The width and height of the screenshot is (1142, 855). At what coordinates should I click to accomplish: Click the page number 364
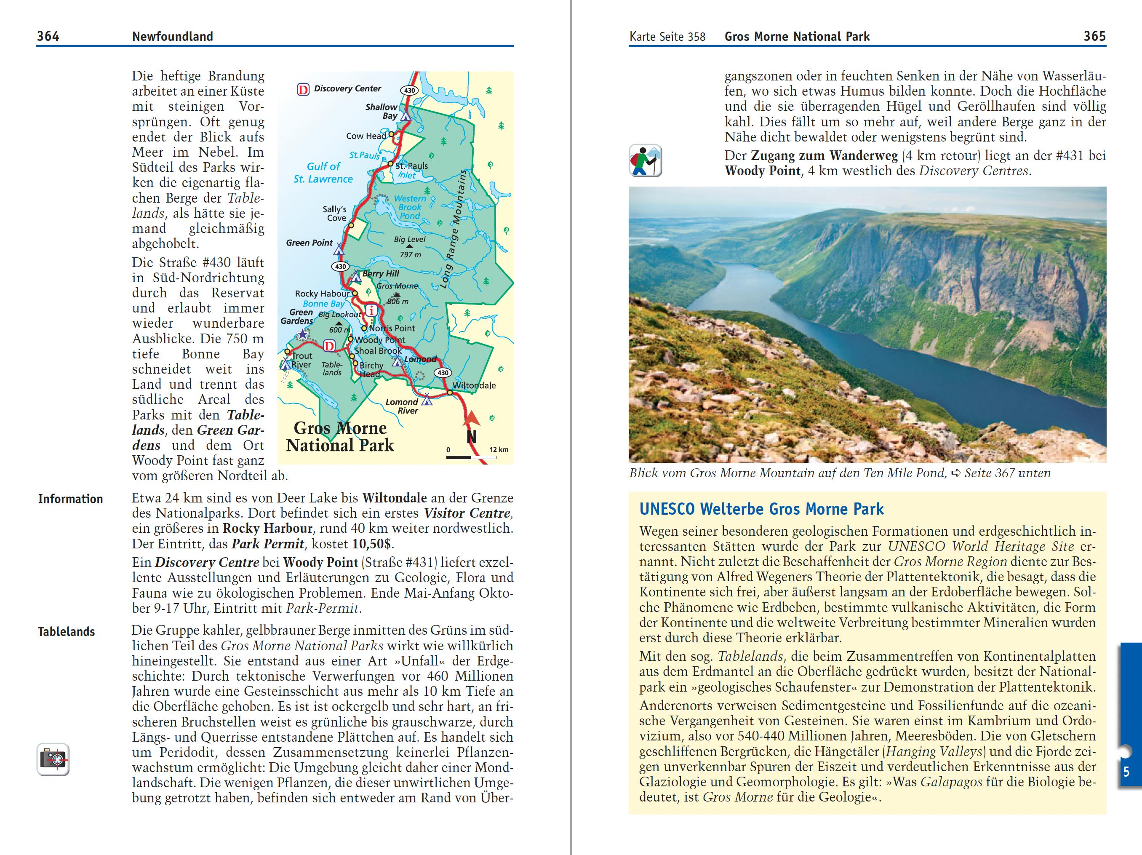coord(48,36)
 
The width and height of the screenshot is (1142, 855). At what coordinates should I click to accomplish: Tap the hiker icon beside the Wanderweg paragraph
coord(646,160)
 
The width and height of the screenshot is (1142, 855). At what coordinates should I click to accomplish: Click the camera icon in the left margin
coord(53,759)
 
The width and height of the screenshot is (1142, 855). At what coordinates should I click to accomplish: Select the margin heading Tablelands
coord(66,631)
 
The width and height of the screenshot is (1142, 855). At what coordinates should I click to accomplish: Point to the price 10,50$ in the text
coord(372,544)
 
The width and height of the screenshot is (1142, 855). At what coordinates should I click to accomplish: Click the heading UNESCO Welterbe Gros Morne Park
coord(761,509)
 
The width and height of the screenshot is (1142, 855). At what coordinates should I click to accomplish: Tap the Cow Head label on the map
coord(366,136)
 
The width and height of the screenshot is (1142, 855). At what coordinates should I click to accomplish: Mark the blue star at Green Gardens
coord(302,334)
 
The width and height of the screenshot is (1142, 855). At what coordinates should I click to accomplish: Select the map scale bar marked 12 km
coord(471,457)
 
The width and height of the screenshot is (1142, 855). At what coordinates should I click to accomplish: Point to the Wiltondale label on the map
coord(474,385)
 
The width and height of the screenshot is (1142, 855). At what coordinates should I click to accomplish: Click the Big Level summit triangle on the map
coord(409,246)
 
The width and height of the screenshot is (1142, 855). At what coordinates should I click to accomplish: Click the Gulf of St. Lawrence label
coord(323,172)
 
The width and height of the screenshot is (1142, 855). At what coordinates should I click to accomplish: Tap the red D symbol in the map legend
coord(303,90)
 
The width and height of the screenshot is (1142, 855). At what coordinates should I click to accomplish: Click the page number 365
coord(1094,36)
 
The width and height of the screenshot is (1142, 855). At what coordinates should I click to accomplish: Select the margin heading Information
coord(70,499)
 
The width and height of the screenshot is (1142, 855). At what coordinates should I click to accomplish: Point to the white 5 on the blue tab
coord(1126,772)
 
